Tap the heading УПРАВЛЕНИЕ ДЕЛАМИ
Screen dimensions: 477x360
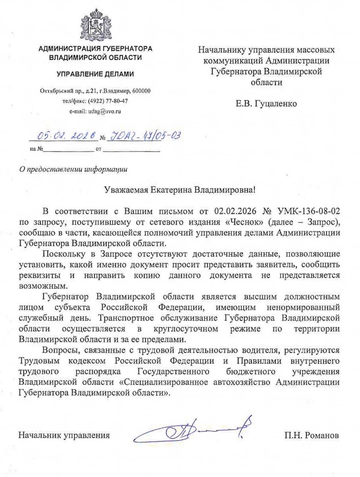pyautogui.click(x=95, y=74)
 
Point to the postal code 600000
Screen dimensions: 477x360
pyautogui.click(x=141, y=91)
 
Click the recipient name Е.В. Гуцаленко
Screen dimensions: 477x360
pyautogui.click(x=266, y=104)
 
